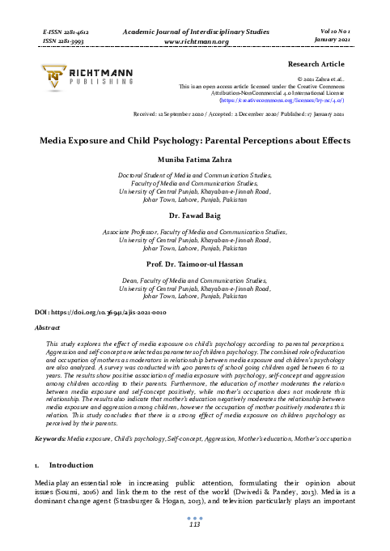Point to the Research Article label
pyautogui.click(x=316, y=62)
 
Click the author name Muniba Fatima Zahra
pyautogui.click(x=194, y=160)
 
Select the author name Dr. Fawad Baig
pyautogui.click(x=194, y=217)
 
